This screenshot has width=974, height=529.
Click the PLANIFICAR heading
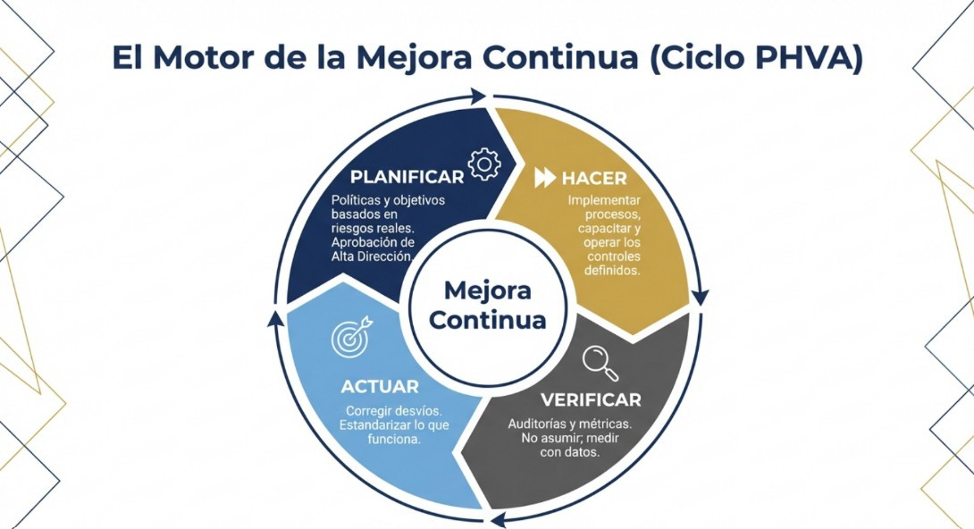click(x=407, y=176)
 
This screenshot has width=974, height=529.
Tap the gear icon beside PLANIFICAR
click(x=484, y=164)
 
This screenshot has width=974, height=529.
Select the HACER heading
click(x=594, y=178)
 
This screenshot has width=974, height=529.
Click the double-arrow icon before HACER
click(x=545, y=178)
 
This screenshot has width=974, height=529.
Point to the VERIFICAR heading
click(x=591, y=399)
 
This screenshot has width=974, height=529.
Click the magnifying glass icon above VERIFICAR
click(x=600, y=361)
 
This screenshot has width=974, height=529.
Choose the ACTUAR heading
click(x=380, y=387)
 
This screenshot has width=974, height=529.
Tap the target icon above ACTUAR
click(x=351, y=337)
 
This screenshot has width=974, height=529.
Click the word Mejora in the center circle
click(x=487, y=291)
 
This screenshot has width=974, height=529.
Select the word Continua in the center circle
click(x=487, y=320)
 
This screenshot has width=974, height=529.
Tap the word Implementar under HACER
click(x=605, y=199)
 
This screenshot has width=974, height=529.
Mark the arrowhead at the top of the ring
click(x=479, y=95)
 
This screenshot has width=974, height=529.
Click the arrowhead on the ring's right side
click(x=701, y=296)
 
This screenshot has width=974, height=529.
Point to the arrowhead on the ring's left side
click(x=274, y=316)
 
